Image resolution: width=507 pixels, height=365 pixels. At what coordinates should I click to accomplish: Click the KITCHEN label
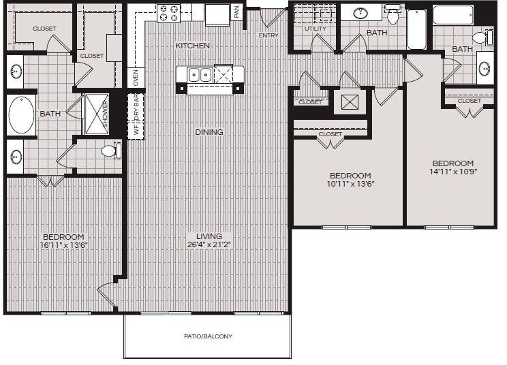192,46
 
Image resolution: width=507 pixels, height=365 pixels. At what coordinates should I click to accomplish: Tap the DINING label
209,132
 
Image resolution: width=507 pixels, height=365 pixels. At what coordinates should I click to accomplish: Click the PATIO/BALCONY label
208,336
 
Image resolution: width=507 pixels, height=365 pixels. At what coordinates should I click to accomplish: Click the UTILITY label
315,29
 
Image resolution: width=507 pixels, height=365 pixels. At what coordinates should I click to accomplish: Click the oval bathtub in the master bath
18,114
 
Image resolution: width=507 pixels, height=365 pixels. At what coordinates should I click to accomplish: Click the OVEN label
135,78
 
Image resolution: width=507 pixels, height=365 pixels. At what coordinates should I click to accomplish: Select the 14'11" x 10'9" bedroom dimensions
453,172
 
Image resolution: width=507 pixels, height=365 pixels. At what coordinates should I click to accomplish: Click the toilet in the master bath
110,150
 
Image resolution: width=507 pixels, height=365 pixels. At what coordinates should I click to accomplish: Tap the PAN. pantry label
236,11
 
